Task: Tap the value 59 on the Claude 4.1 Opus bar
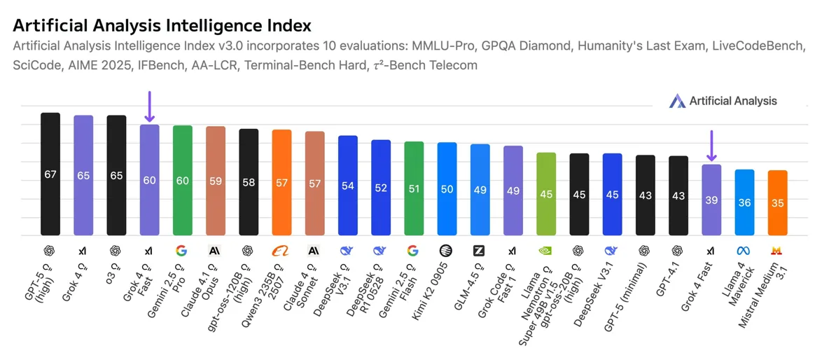[x=216, y=181]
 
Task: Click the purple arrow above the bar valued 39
[x=711, y=146]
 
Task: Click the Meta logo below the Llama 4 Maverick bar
[x=744, y=250]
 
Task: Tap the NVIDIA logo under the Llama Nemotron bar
[x=546, y=250]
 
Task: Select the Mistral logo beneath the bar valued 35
[x=777, y=250]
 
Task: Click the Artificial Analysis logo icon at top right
[x=676, y=101]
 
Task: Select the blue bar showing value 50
[x=447, y=188]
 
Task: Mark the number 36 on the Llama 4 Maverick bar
[x=744, y=202]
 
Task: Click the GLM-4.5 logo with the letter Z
[x=480, y=250]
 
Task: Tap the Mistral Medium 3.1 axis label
[x=763, y=291]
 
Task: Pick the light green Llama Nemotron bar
[x=546, y=193]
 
